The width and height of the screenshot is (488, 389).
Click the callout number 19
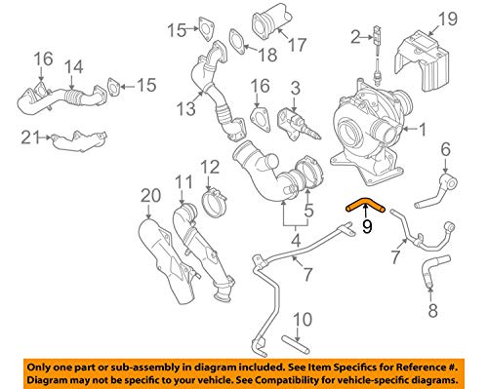[447, 19]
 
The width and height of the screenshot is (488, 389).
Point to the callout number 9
[367, 227]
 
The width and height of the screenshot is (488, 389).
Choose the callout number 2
[356, 37]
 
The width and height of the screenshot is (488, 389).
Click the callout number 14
[73, 66]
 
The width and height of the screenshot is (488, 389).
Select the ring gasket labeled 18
[237, 39]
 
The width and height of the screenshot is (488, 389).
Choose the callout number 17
[298, 44]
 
